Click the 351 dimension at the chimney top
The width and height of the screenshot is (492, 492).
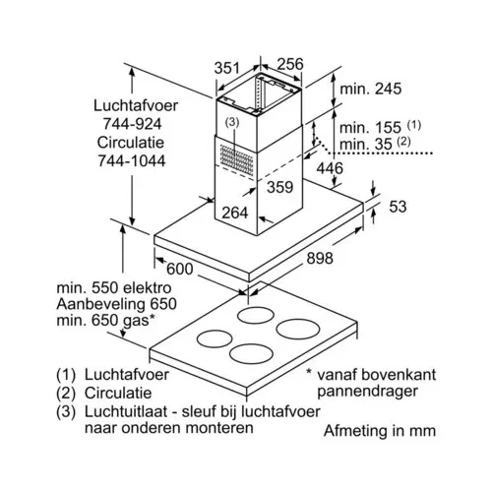coord(227,68)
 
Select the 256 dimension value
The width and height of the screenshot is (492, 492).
coord(290,64)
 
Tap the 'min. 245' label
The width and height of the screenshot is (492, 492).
coord(371,89)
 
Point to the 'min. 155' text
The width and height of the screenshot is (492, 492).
coord(370,128)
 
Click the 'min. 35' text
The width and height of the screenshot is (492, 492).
coord(366,144)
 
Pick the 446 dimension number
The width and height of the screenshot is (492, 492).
coord(330,168)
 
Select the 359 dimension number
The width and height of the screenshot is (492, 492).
coord(279,187)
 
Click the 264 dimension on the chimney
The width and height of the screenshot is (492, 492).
coord(235,213)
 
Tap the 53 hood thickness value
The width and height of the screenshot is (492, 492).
coord(398,207)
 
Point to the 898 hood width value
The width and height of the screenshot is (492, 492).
coord(320,258)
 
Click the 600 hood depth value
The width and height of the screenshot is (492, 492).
coord(179,269)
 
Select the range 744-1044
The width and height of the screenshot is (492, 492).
coord(132,160)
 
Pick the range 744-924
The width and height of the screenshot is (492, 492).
coord(133,124)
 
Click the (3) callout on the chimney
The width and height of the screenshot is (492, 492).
coord(232,122)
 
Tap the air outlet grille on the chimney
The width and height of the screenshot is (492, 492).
coord(236,159)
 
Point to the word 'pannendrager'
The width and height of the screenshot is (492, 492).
coord(367,392)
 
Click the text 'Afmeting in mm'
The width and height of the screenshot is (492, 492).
coord(380,431)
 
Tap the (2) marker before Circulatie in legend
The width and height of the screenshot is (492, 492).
coord(66,393)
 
